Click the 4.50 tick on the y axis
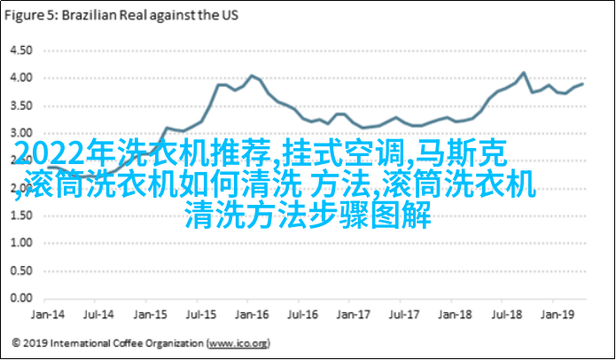[x=19, y=50]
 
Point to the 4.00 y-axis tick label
[x=19, y=78]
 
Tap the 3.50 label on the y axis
[x=19, y=106]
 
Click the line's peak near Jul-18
[x=524, y=73]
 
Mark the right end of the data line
[x=583, y=83]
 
